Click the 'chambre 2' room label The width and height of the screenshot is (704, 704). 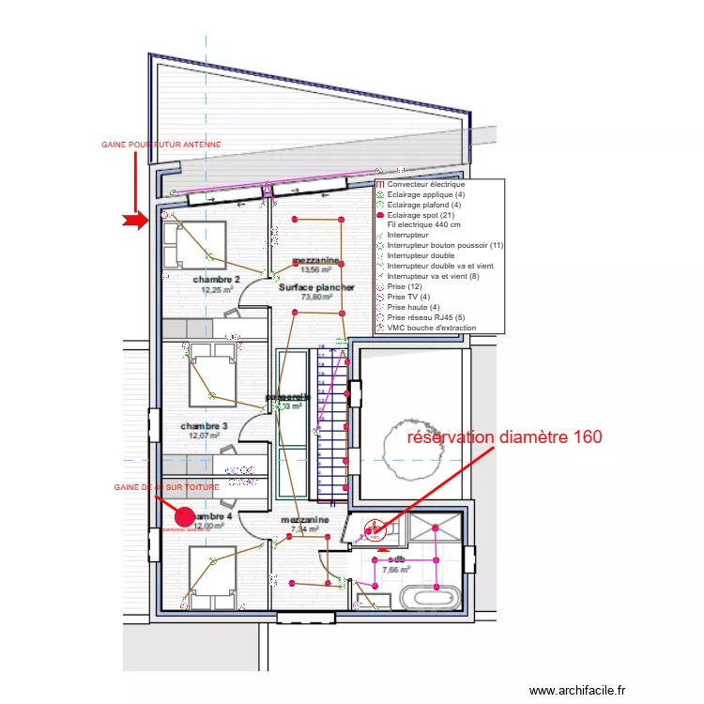point(217,280)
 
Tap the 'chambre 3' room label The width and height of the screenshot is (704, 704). point(204,426)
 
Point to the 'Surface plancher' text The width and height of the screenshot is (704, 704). point(316,287)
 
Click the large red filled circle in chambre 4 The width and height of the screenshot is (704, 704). point(185,516)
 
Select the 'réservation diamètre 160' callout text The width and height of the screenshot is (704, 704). point(503,436)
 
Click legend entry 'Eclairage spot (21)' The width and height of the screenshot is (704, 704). point(421,215)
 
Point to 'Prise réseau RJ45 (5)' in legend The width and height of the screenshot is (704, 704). point(425,317)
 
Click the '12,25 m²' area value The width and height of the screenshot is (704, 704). point(217,290)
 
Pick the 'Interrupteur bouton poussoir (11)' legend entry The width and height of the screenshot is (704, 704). point(445,245)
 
